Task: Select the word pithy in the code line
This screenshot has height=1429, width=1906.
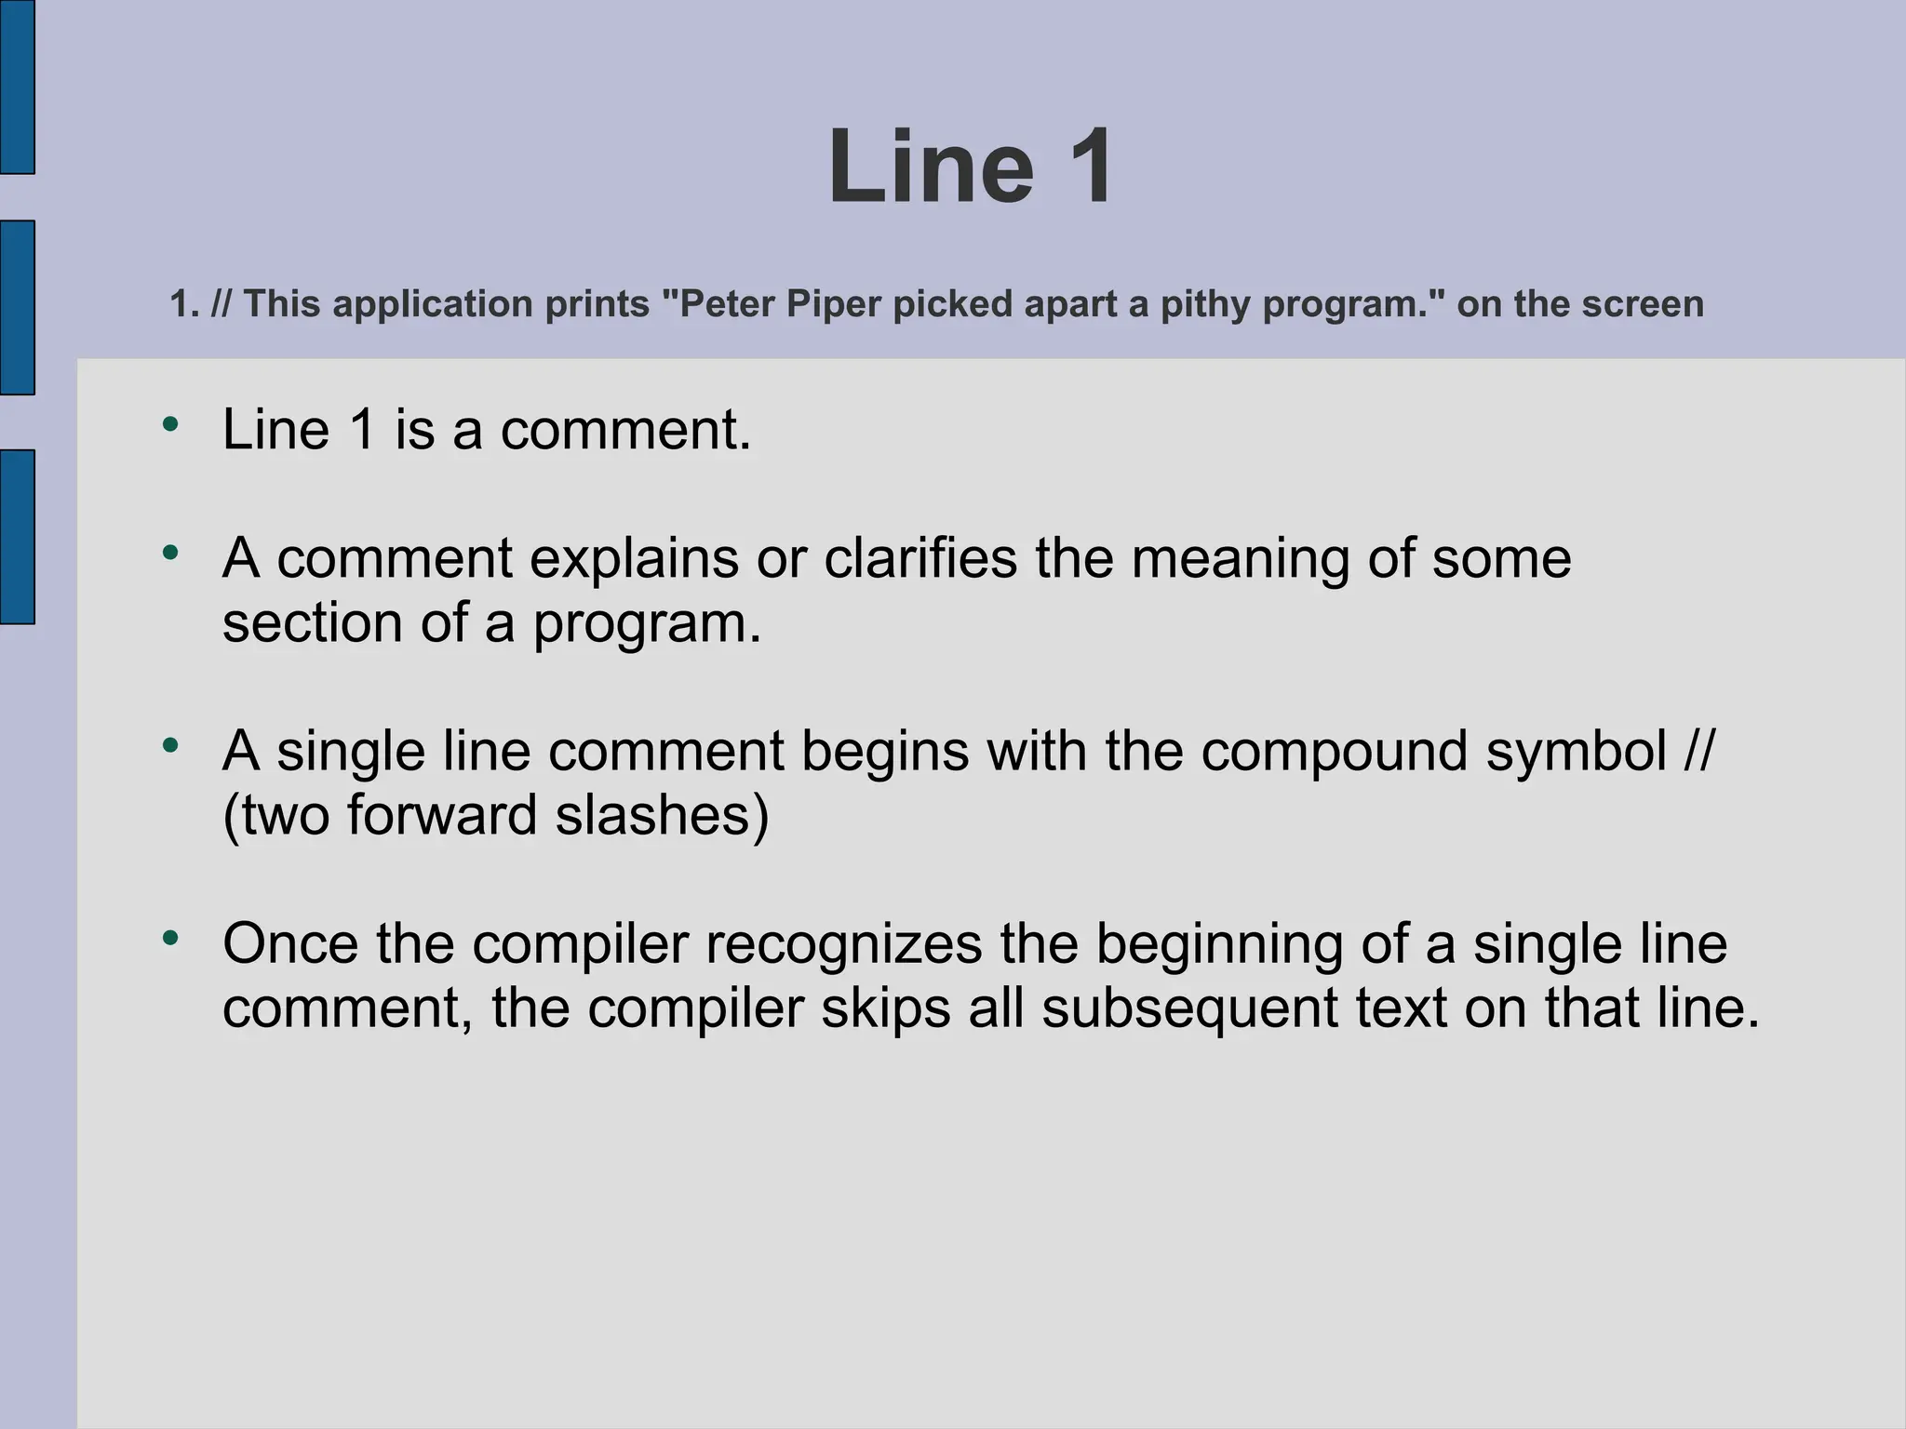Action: tap(1205, 305)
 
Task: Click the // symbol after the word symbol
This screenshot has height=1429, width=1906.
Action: tap(1697, 751)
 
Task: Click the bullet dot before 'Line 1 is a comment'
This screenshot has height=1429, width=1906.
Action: tap(169, 425)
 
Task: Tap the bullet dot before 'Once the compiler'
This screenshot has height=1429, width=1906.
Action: tap(169, 938)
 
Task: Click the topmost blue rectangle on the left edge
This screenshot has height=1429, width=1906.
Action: tap(17, 87)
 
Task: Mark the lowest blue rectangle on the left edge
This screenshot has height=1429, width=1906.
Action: tap(17, 536)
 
